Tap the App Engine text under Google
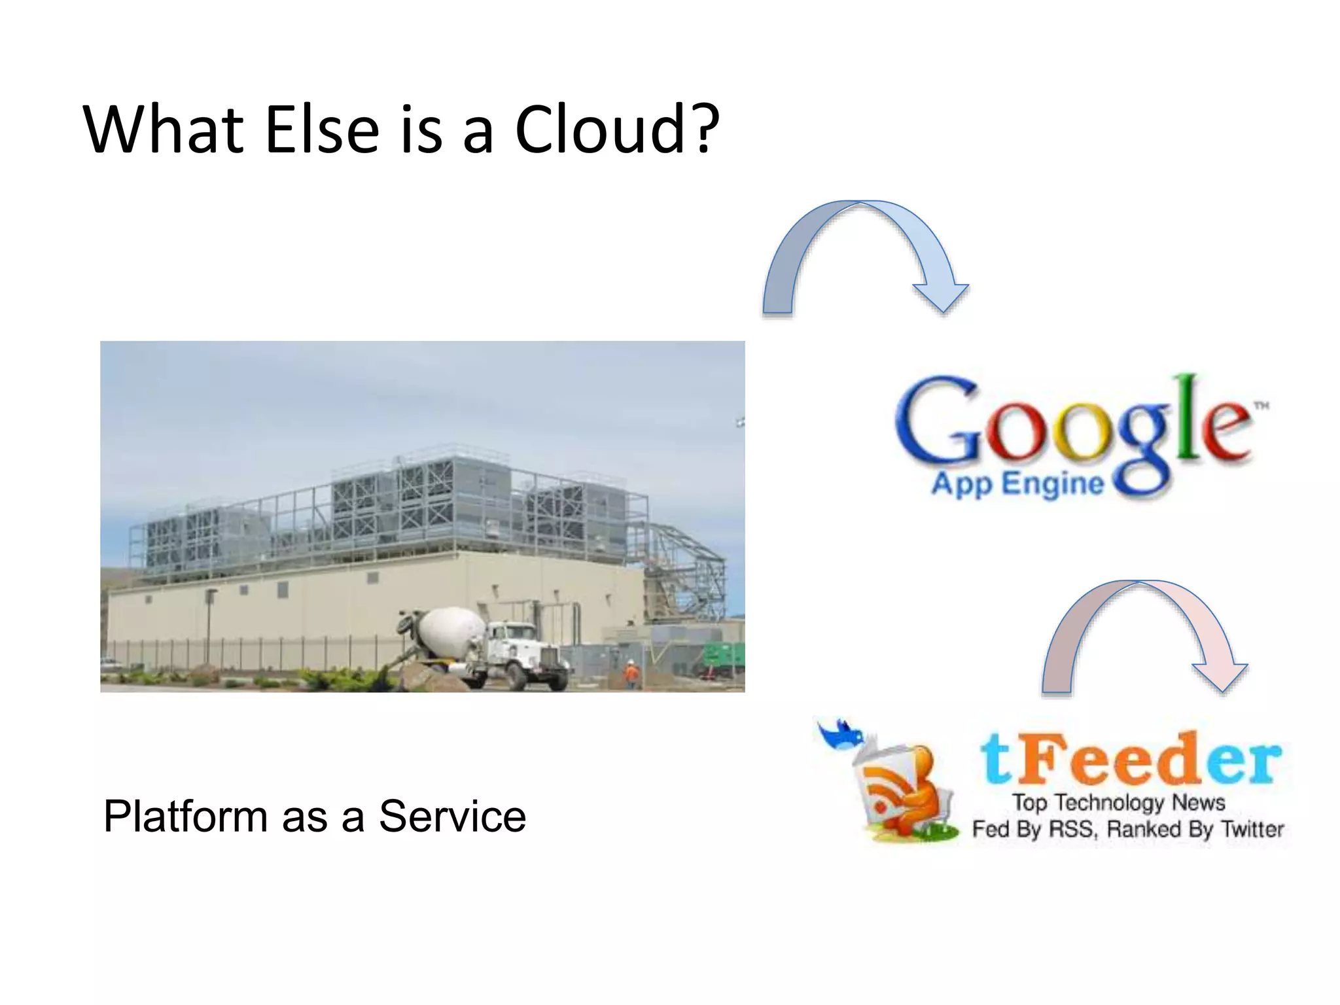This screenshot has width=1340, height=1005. tap(1017, 485)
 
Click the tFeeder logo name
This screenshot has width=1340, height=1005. tap(1130, 759)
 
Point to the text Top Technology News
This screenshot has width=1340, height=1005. tap(1118, 802)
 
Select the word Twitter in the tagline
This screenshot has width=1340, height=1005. tap(1252, 830)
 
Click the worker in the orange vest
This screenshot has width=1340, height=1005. tap(631, 674)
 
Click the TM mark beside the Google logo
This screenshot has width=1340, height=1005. tap(1261, 406)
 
